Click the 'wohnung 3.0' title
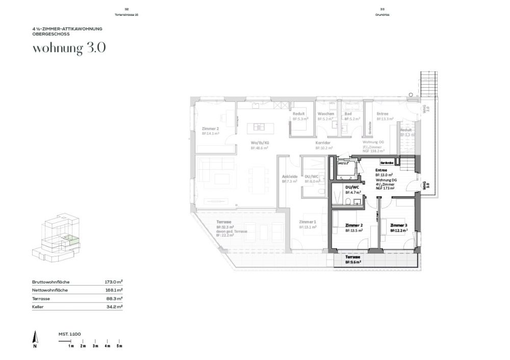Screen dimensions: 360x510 pos(69,49)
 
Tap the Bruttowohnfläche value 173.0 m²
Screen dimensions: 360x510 pos(113,282)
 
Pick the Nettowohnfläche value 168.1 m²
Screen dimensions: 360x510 pos(113,290)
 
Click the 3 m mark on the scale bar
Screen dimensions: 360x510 pos(95,346)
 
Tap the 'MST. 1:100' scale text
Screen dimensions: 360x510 pos(70,334)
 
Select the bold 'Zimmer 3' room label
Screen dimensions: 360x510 pos(399,225)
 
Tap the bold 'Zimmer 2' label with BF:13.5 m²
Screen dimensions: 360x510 pos(354,225)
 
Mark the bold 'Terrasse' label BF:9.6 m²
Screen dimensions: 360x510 pos(353,257)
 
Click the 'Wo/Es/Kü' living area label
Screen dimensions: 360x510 pos(259,143)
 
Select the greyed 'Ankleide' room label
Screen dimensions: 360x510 pos(290,176)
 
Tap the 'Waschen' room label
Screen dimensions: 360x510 pos(325,114)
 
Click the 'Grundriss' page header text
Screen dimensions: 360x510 pos(382,15)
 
